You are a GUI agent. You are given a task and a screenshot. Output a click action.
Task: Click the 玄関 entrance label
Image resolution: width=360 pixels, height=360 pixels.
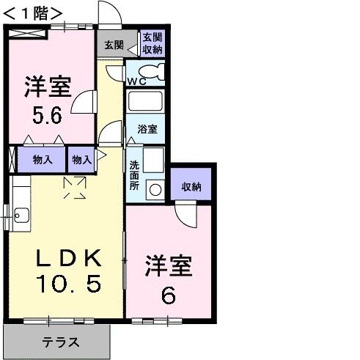[x=114, y=44]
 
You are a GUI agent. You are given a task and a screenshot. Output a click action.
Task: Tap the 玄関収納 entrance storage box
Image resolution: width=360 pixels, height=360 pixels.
[x=153, y=43]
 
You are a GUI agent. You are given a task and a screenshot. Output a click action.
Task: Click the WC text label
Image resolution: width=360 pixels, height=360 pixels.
[x=136, y=81]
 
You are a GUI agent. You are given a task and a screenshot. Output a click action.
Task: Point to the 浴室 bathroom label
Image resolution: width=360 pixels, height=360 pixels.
[x=147, y=129]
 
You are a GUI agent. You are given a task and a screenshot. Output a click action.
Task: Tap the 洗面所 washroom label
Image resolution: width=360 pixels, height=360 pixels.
[x=134, y=176]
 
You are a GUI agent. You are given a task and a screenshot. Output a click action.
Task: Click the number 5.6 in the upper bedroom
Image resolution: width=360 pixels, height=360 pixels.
[x=46, y=116]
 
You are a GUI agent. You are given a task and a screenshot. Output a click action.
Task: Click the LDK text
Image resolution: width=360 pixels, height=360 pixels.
[x=68, y=257]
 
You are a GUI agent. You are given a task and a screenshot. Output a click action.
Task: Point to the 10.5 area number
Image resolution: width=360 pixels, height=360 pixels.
[x=67, y=284]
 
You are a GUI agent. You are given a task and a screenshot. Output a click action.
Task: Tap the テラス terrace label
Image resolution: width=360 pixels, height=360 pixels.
[x=60, y=342]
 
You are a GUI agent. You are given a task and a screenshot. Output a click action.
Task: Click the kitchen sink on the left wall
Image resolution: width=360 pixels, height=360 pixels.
[x=20, y=215]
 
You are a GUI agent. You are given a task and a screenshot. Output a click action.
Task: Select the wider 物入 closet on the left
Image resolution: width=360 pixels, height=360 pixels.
[x=40, y=159]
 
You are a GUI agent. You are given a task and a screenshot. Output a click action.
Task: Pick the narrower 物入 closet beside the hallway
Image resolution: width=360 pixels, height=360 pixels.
[x=81, y=159]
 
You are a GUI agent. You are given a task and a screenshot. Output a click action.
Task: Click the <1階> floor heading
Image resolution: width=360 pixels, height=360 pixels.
[x=30, y=12]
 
